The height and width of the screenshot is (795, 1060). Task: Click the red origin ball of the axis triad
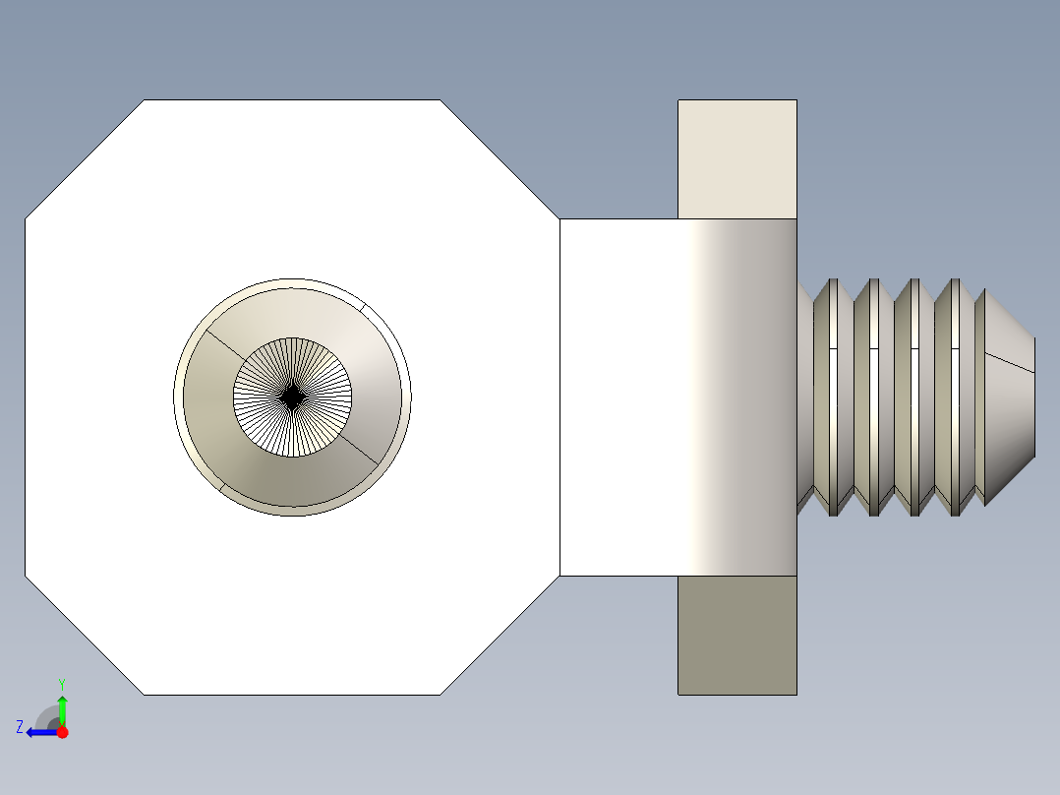coord(62,732)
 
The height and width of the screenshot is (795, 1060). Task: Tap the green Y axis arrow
coord(62,706)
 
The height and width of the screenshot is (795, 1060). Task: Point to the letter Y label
coord(62,683)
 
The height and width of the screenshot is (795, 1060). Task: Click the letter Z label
coord(20,727)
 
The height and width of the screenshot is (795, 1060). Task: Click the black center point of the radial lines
coord(292,397)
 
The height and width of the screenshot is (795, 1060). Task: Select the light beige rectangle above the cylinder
coord(736,158)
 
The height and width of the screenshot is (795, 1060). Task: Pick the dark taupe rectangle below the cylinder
coord(736,635)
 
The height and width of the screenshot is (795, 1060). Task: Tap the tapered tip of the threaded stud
coord(1008,397)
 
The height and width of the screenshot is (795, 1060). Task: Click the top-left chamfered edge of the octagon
coord(85,158)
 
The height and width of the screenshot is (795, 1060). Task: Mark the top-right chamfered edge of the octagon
coord(500,158)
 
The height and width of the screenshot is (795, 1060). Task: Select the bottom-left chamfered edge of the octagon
coord(85,636)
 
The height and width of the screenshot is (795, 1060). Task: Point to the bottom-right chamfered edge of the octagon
coord(500,636)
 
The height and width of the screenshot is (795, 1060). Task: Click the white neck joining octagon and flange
coord(619,397)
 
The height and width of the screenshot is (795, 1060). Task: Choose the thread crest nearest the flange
coord(833,397)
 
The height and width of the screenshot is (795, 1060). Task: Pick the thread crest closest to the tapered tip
coord(979,397)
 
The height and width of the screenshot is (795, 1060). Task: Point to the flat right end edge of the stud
coord(1034,397)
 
